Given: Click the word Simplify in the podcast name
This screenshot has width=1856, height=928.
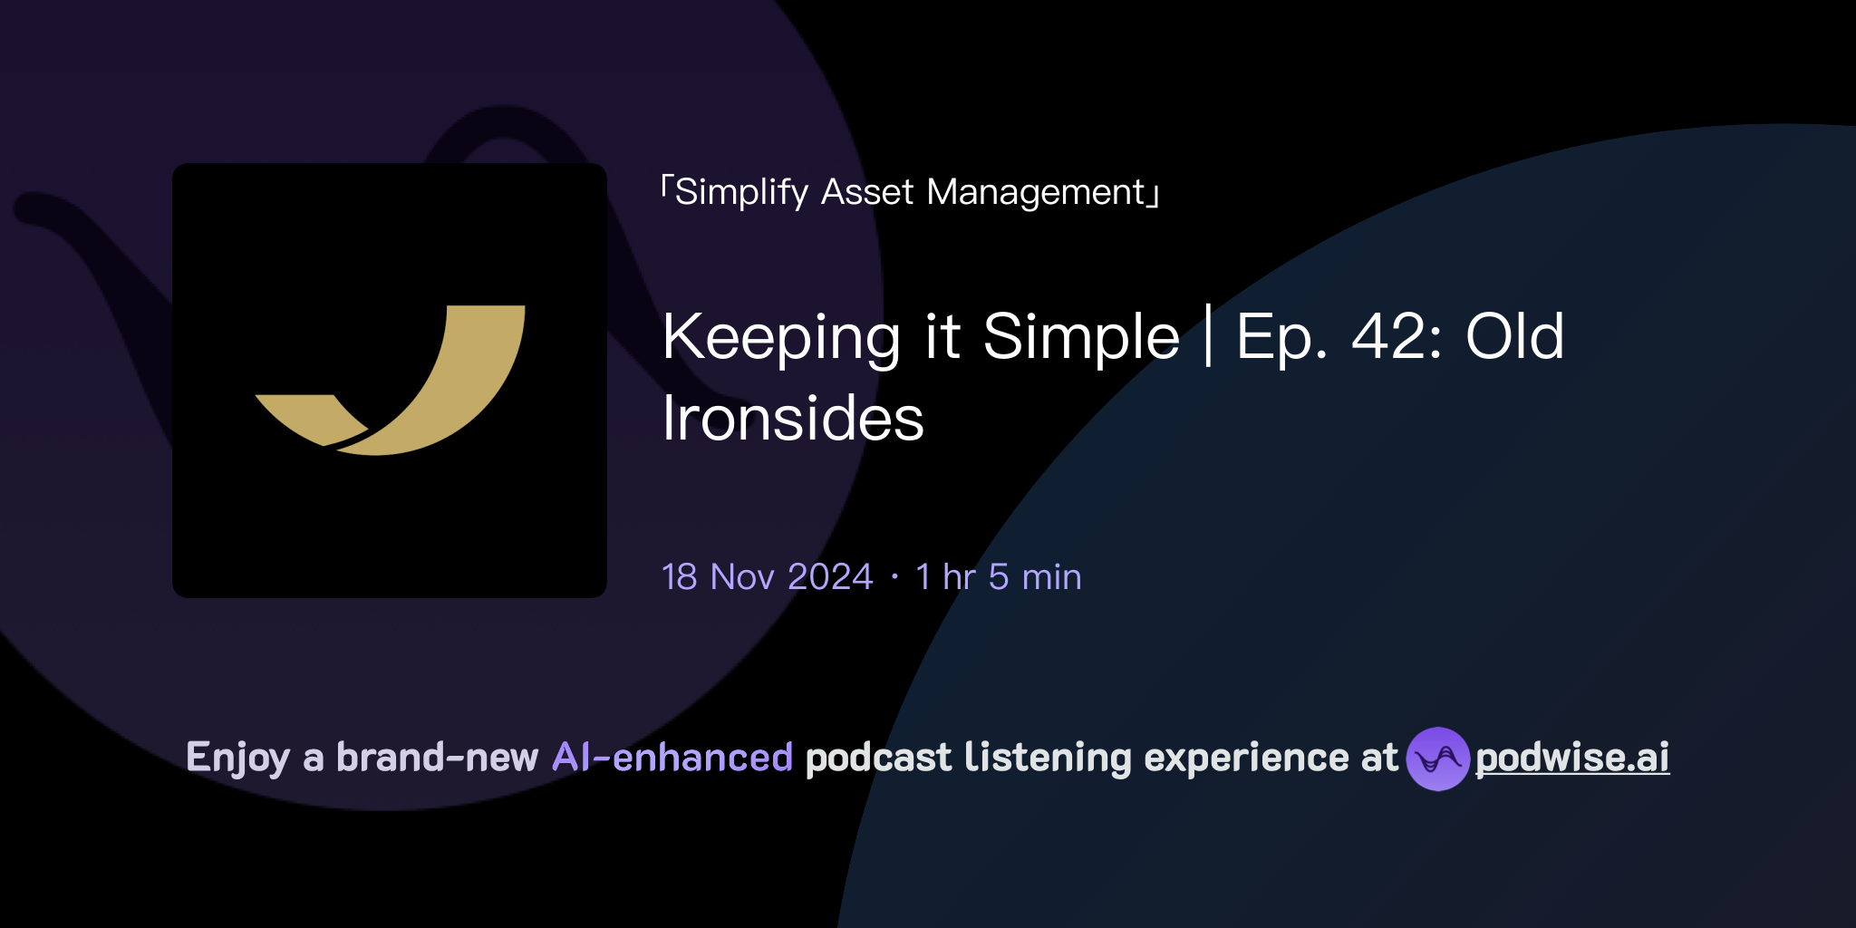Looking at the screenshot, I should click(741, 193).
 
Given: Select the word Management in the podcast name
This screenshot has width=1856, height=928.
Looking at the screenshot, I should click(1036, 193).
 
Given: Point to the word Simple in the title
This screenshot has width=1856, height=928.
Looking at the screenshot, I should click(1081, 338).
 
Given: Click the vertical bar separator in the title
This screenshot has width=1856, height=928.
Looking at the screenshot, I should click(1209, 336).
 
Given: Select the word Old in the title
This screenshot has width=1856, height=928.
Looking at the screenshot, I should click(1514, 337).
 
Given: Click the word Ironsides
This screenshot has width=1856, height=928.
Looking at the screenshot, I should click(793, 420).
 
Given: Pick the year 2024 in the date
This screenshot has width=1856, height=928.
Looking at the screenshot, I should click(830, 577).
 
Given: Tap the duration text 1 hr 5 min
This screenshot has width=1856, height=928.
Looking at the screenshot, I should click(998, 577).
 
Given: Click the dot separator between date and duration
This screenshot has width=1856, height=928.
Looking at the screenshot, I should click(894, 577).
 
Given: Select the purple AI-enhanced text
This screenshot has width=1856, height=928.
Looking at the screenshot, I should click(672, 758).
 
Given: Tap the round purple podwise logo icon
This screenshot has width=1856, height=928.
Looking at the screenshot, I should click(1437, 759).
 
